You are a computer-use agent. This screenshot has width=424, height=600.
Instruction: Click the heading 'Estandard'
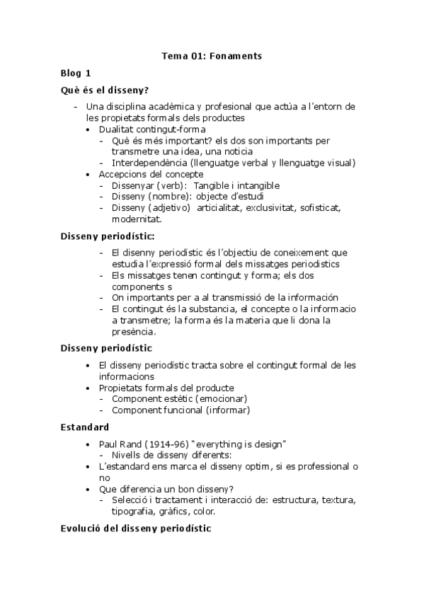[x=85, y=427]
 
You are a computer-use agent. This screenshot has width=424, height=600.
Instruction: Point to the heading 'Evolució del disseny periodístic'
[x=136, y=529]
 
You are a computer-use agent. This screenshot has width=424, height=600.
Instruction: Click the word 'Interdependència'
[x=148, y=163]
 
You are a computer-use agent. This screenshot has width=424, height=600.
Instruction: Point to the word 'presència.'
[x=135, y=331]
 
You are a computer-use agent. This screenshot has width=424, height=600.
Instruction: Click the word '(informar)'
[x=228, y=410]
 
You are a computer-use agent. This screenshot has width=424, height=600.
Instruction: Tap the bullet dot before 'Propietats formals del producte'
[x=87, y=388]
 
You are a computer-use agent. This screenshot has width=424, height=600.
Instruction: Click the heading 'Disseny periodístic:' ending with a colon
[x=108, y=236]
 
